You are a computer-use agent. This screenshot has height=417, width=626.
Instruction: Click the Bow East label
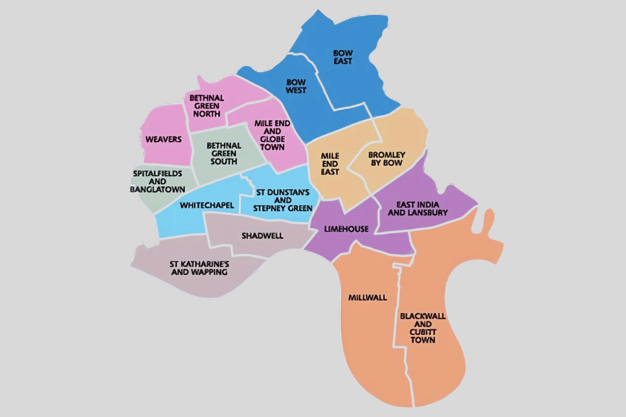coord(343,57)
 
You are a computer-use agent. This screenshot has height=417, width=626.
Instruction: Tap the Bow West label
coord(296,86)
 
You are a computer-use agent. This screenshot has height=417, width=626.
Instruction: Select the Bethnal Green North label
coord(206,106)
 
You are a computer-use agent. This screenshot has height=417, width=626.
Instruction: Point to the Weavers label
coord(163,139)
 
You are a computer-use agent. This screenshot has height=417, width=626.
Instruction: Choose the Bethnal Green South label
coord(224,154)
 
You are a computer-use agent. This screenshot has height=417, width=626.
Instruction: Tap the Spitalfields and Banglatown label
coord(157,181)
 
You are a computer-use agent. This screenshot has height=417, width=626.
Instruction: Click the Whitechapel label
coord(207,205)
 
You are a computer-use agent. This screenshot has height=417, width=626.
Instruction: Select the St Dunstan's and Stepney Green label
coord(283,200)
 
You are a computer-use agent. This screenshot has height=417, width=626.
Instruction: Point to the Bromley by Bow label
coord(386,159)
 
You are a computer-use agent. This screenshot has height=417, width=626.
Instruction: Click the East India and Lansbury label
coord(418,208)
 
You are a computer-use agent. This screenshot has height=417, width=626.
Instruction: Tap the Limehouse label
coord(346,229)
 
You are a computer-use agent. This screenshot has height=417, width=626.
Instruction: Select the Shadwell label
coord(262,236)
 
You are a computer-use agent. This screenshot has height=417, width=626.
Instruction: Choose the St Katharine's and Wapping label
coord(200,268)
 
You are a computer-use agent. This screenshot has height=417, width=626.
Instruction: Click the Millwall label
coord(367,297)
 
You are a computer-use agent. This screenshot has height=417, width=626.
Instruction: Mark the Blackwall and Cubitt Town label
coord(423,328)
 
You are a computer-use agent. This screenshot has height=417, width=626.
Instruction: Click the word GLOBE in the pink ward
coord(272,139)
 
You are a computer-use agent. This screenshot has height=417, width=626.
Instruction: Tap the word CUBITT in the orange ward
coord(423,332)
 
